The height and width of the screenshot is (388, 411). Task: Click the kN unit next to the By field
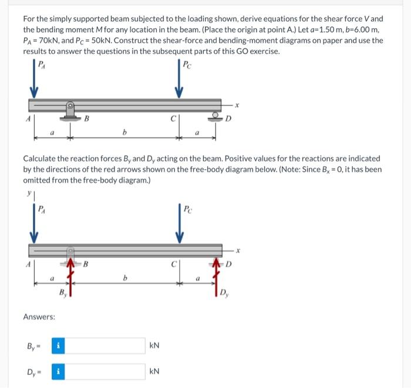(155, 345)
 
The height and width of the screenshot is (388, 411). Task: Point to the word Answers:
(39, 317)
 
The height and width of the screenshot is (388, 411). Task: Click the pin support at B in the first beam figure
(70, 110)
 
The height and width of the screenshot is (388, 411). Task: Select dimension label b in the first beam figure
(125, 132)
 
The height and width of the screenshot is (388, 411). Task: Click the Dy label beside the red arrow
(225, 292)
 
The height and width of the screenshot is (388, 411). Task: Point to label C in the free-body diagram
(174, 264)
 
